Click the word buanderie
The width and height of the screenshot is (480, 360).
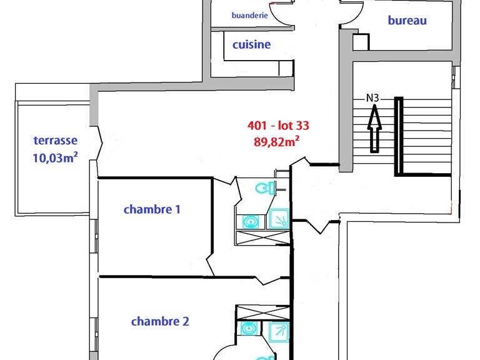[249, 16]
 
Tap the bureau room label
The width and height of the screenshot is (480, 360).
[407, 21]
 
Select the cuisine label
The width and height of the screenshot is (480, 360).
[251, 44]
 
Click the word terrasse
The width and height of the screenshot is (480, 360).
[56, 141]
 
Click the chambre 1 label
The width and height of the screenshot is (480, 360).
[152, 209]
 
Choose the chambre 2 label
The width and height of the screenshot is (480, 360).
[160, 321]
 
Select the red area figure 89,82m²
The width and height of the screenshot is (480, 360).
[276, 141]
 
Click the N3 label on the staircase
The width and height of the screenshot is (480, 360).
[373, 97]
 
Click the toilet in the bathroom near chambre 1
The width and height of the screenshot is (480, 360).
[266, 187]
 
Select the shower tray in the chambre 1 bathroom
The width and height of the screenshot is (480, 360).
[278, 219]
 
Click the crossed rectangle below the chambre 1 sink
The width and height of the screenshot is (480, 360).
[263, 238]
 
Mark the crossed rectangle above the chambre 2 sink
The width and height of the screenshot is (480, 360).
[263, 312]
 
